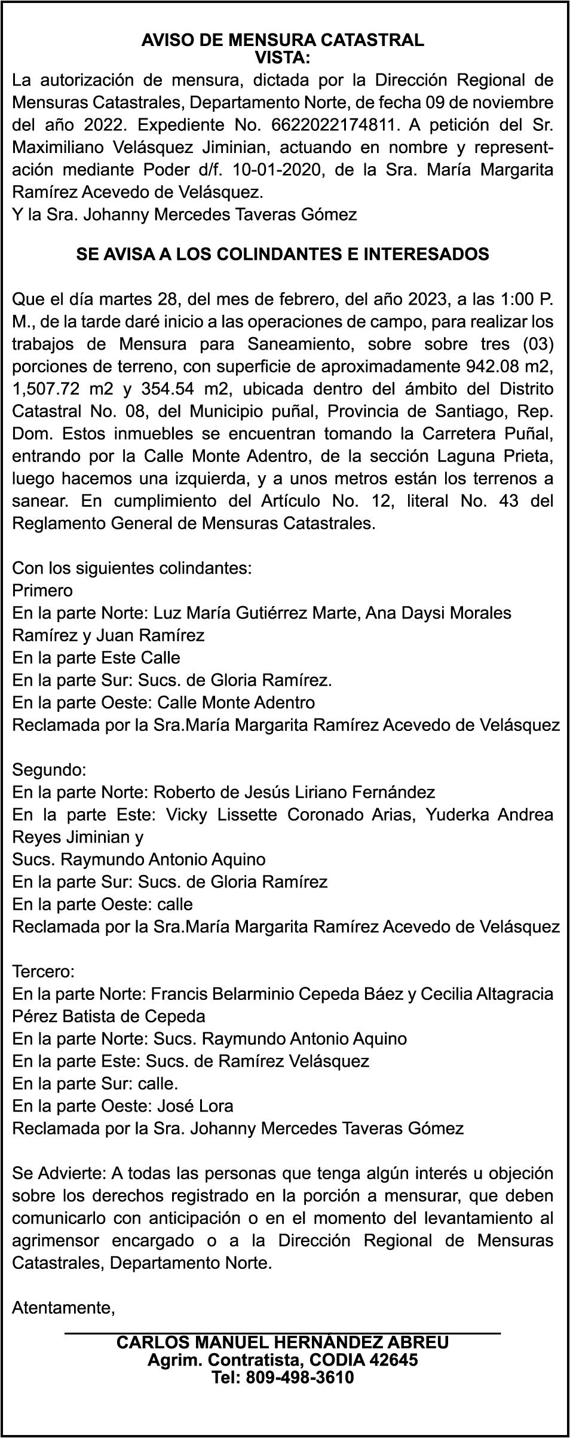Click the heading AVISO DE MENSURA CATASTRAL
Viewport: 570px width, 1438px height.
(283, 40)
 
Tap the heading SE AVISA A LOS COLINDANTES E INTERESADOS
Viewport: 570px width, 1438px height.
(283, 254)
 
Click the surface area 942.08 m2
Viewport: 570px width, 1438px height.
(508, 366)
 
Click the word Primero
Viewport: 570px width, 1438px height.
(42, 591)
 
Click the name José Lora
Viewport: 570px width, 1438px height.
(195, 1106)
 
